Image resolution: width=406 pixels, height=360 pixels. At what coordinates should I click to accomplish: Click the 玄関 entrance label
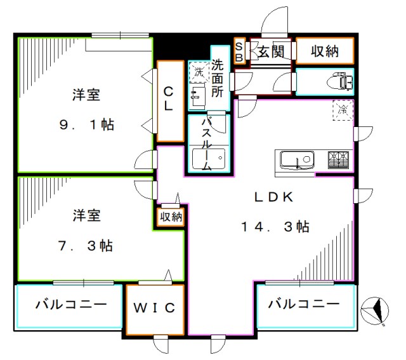click(x=270, y=51)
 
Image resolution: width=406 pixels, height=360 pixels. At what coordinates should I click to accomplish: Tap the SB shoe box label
click(x=239, y=51)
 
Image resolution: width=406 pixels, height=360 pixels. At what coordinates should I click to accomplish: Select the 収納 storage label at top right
click(x=324, y=51)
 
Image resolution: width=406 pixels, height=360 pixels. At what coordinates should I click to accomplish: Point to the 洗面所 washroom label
click(x=218, y=77)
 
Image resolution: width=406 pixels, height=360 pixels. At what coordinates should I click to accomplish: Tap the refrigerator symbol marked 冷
click(x=343, y=109)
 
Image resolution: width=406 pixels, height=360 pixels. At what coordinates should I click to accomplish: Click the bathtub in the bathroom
click(x=208, y=157)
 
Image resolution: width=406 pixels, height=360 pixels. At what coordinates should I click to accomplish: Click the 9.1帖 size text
click(x=86, y=125)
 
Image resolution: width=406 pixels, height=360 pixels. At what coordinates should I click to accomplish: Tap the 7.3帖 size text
click(x=86, y=246)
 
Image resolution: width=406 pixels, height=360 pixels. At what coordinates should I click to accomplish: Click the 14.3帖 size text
click(x=275, y=227)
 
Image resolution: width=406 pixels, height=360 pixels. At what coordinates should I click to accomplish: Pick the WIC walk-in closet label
click(x=154, y=309)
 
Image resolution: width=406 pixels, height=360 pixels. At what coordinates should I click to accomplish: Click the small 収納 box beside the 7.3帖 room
click(x=171, y=217)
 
